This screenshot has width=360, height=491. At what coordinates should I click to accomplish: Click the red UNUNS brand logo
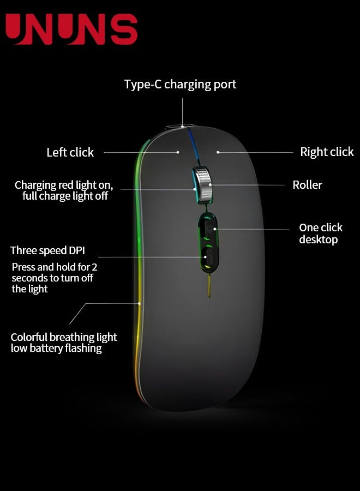pyautogui.click(x=71, y=29)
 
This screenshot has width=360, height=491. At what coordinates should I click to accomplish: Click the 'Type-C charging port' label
pyautogui.click(x=180, y=85)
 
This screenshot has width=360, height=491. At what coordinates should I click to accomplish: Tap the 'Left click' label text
pyautogui.click(x=70, y=153)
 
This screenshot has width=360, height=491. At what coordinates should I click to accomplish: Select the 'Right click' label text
pyautogui.click(x=327, y=152)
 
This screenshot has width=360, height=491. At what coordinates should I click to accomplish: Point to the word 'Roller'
pyautogui.click(x=307, y=185)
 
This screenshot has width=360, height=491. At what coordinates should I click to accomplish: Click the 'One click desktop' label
pyautogui.click(x=320, y=233)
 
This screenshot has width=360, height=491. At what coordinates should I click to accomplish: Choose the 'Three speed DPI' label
pyautogui.click(x=47, y=251)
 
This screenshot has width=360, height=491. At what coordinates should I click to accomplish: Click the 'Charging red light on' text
pyautogui.click(x=64, y=185)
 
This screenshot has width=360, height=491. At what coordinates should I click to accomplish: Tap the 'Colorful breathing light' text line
pyautogui.click(x=64, y=337)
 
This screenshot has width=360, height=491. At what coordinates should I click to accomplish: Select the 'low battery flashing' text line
pyautogui.click(x=56, y=348)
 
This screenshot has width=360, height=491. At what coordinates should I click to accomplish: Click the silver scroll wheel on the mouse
pyautogui.click(x=202, y=184)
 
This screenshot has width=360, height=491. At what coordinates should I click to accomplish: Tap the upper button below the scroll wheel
pyautogui.click(x=208, y=227)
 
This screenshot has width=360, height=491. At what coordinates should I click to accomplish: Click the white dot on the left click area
pyautogui.click(x=178, y=152)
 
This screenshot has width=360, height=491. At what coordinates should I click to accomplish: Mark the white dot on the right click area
pyautogui.click(x=218, y=152)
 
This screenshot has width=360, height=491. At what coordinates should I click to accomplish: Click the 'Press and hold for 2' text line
pyautogui.click(x=55, y=267)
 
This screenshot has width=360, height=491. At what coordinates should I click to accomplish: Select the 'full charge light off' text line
pyautogui.click(x=65, y=196)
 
